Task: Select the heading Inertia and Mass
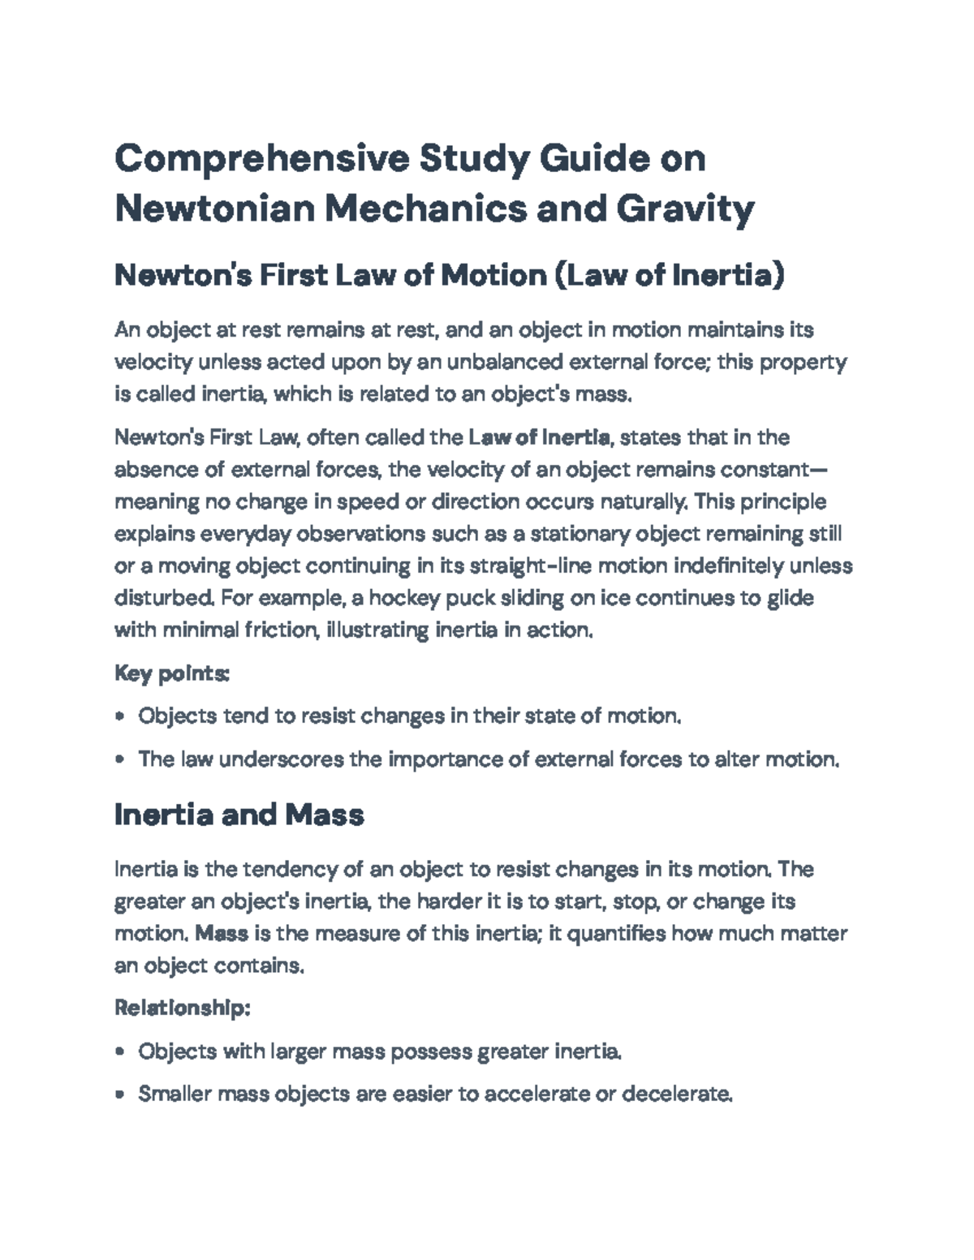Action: click(x=239, y=814)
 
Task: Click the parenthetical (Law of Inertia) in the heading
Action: click(x=669, y=276)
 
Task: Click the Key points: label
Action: click(x=172, y=673)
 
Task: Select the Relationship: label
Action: click(x=182, y=1008)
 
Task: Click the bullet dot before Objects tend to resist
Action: click(x=120, y=717)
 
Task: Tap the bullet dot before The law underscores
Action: click(x=120, y=760)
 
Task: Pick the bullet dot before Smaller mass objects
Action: click(x=120, y=1094)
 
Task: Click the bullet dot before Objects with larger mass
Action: click(x=120, y=1052)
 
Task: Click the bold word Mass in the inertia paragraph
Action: click(x=222, y=933)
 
